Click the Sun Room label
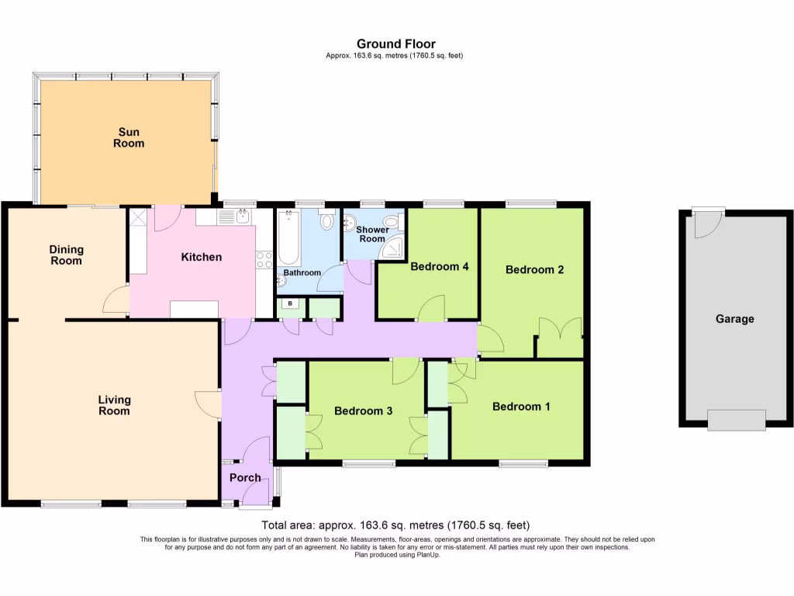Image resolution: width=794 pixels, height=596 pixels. (129, 137)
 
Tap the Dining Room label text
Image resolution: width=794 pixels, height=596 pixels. (66, 255)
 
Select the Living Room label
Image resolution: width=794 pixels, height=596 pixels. (114, 405)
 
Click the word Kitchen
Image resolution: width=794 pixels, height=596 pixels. (202, 257)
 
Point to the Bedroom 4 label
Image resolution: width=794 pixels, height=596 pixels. (440, 266)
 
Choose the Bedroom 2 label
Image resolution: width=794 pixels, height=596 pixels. (534, 269)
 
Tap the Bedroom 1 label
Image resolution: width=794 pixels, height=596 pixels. (521, 407)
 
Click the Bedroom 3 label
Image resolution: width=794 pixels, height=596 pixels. (363, 411)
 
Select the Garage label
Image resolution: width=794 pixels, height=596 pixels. (734, 318)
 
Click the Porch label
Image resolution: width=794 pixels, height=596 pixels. (244, 477)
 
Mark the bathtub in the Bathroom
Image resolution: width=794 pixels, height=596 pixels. (288, 237)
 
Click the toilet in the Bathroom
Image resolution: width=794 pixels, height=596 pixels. (326, 220)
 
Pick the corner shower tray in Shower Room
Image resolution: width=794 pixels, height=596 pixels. (396, 247)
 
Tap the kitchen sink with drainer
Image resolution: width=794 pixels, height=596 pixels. (233, 216)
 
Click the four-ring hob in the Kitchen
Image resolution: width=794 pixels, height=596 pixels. (264, 258)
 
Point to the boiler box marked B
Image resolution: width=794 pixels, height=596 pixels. (291, 303)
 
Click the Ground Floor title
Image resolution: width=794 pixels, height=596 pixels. (396, 43)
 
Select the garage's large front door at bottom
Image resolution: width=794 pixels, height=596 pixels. (736, 420)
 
